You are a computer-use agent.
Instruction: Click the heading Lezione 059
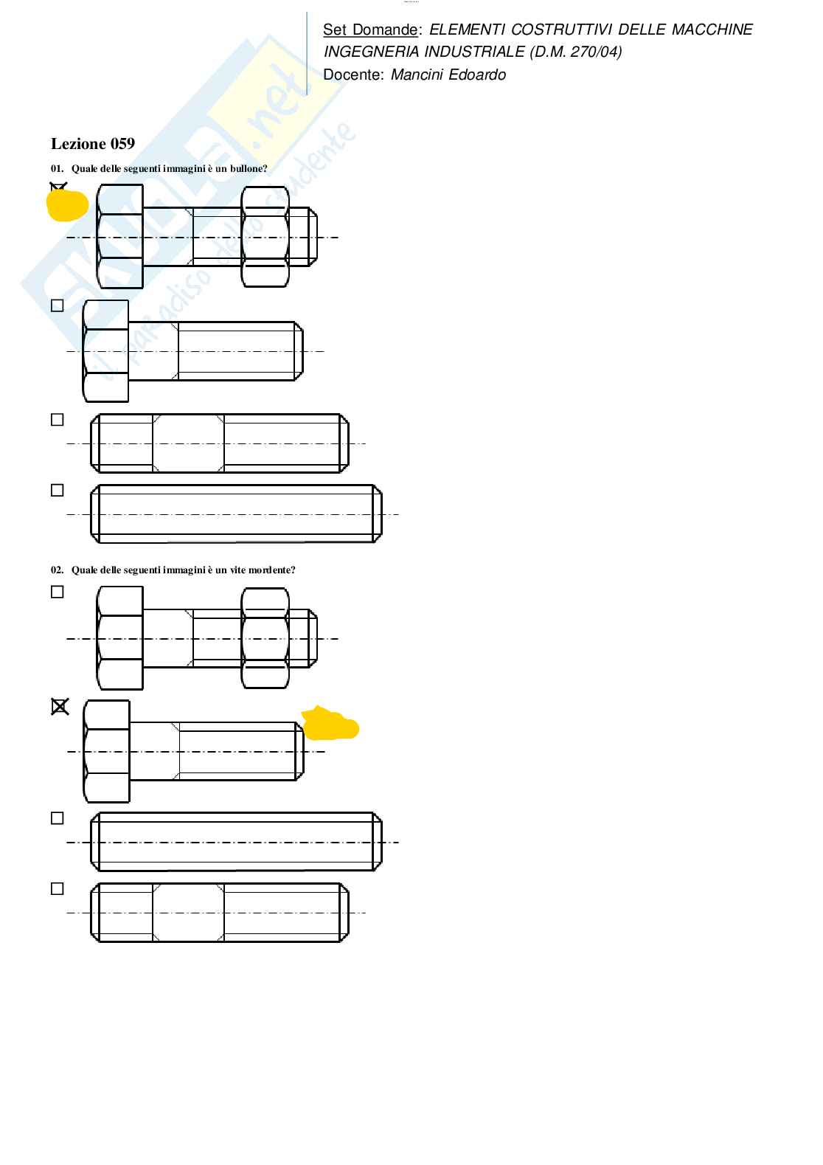pos(92,144)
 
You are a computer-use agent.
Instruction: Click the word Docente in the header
pos(353,75)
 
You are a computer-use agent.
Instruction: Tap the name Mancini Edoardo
pos(448,75)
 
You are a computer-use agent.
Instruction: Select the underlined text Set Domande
pos(370,30)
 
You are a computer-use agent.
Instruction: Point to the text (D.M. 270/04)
pos(575,52)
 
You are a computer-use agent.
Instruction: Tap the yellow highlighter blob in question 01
pos(67,205)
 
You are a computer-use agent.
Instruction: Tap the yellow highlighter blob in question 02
pos(330,724)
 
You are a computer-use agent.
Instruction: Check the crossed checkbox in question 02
pos(60,707)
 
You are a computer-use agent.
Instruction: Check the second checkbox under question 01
pos(58,305)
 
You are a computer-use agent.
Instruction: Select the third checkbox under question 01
pos(58,420)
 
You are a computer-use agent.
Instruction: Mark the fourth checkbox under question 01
pos(58,491)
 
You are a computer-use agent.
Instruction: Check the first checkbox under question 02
pos(58,592)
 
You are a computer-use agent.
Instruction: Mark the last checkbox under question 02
pos(58,889)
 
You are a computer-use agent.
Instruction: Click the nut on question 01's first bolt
pos(265,237)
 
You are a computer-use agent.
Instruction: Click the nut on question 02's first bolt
pos(265,638)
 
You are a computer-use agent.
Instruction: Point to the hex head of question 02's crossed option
pos(107,752)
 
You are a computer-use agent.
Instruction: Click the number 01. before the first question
pos(57,168)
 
